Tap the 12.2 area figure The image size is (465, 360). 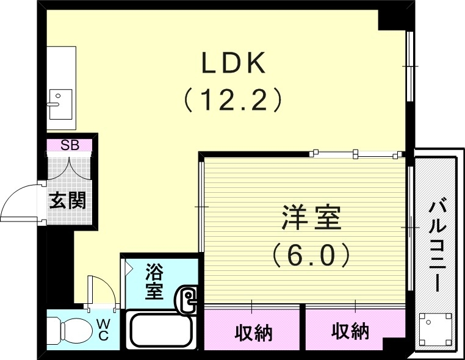click(x=233, y=99)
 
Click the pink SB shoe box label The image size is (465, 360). click(x=70, y=145)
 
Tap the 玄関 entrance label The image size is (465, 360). click(x=67, y=200)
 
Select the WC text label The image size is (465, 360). click(x=102, y=329)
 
